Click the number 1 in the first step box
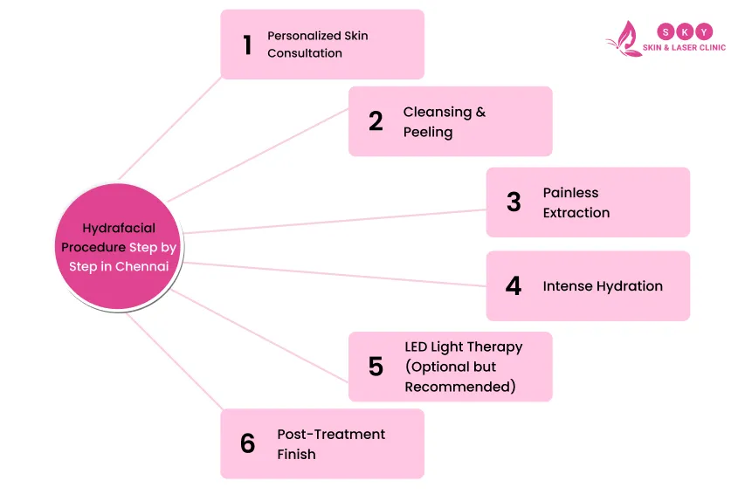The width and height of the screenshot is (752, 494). [x=247, y=45]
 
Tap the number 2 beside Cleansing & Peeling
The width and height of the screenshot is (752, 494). [x=376, y=121]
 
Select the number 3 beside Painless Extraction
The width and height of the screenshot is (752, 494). [x=514, y=202]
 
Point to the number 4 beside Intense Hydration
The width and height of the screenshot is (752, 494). [x=514, y=286]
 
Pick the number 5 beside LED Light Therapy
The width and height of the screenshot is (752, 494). [x=376, y=367]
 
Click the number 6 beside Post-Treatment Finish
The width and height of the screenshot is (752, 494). [x=248, y=443]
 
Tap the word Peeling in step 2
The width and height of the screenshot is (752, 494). [x=428, y=132]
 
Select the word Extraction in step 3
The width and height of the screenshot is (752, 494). [x=576, y=213]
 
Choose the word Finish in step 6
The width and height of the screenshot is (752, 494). [x=296, y=454]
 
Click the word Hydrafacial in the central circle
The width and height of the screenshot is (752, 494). [x=119, y=229]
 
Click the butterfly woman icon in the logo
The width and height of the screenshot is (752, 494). [x=624, y=39]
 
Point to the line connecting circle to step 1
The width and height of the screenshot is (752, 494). [x=170, y=126]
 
